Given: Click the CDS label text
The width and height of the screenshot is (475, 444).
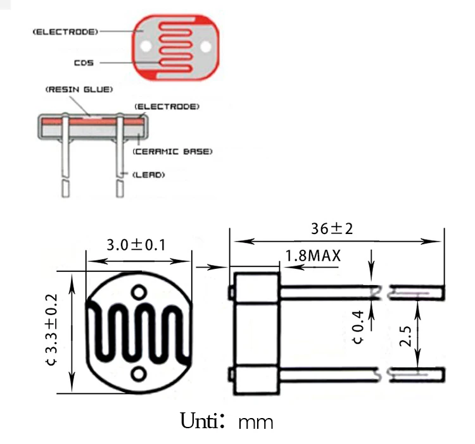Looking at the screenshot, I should pyautogui.click(x=83, y=63).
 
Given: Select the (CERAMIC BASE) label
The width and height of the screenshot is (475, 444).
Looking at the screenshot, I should pyautogui.click(x=172, y=152).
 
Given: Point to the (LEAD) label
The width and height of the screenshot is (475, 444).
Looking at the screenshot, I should pyautogui.click(x=148, y=174).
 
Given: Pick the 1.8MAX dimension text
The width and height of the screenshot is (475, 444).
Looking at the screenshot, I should pyautogui.click(x=313, y=256).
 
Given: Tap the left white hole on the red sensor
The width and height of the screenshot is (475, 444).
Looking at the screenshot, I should pyautogui.click(x=146, y=47).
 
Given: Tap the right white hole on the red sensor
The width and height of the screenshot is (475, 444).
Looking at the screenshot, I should pyautogui.click(x=205, y=47).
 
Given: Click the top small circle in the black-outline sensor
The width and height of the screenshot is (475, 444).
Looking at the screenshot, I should pyautogui.click(x=139, y=292).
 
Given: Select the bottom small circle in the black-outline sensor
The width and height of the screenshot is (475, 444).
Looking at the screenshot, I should pyautogui.click(x=139, y=374).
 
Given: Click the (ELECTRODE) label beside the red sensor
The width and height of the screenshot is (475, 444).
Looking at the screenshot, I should pyautogui.click(x=65, y=31).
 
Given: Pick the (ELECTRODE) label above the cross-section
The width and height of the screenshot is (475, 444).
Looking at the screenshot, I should pyautogui.click(x=168, y=106).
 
